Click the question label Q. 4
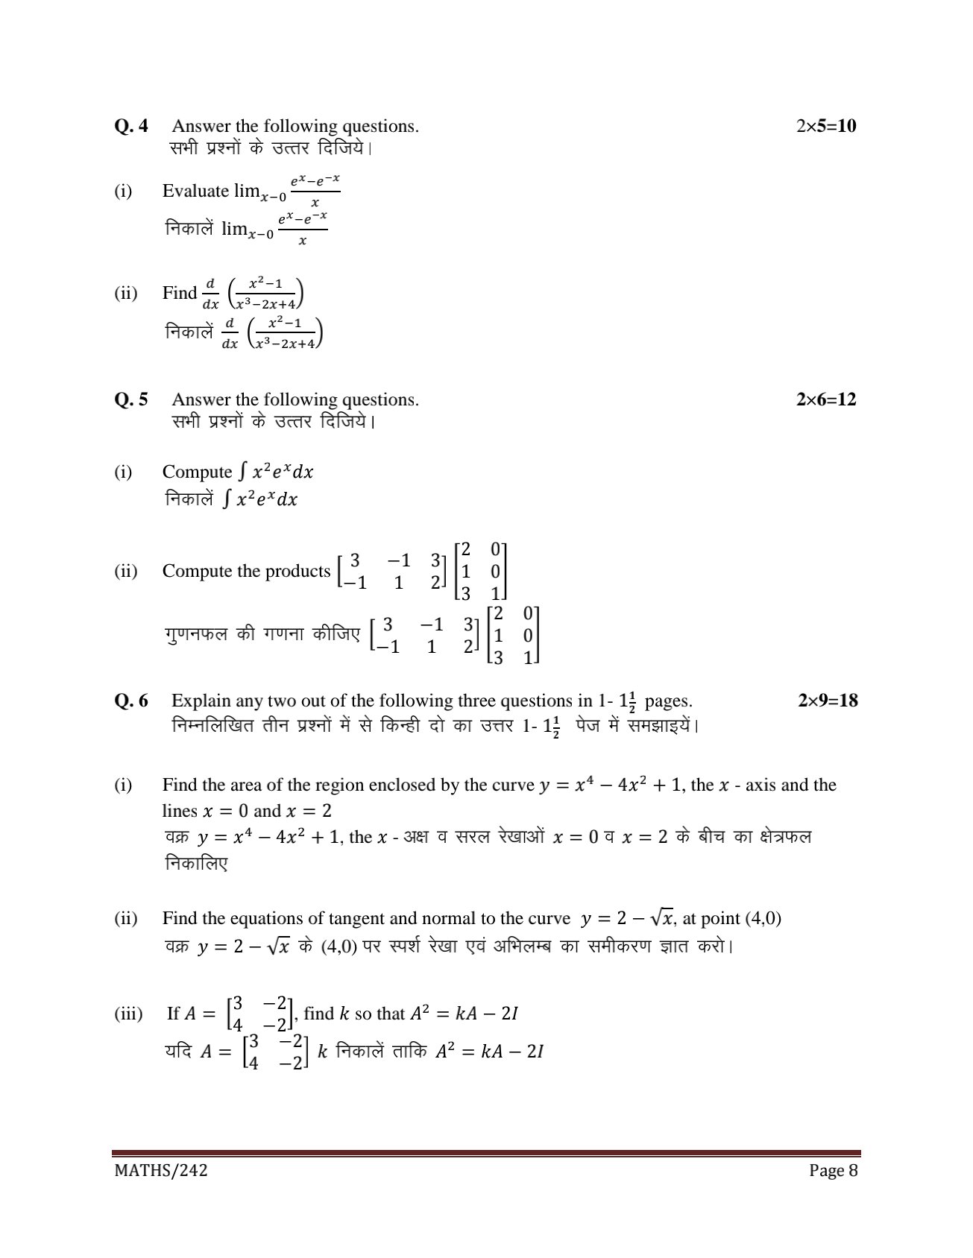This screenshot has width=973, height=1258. point(131,126)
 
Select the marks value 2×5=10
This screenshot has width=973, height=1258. point(826,126)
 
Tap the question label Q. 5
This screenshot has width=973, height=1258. point(131,399)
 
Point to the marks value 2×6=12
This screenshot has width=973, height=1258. point(826,399)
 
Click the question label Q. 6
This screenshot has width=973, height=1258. point(131,701)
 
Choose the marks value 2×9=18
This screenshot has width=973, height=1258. point(828,701)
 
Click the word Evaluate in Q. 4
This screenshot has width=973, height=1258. point(195,191)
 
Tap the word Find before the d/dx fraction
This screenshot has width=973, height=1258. point(179,293)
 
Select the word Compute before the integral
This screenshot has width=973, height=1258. point(197,472)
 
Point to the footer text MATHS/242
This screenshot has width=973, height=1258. point(160,1170)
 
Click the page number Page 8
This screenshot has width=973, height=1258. point(834,1170)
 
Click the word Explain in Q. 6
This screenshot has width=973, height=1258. point(198,701)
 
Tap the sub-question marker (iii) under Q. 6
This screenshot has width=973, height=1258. point(128,1014)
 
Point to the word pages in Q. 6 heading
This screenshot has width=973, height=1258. point(668,701)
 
